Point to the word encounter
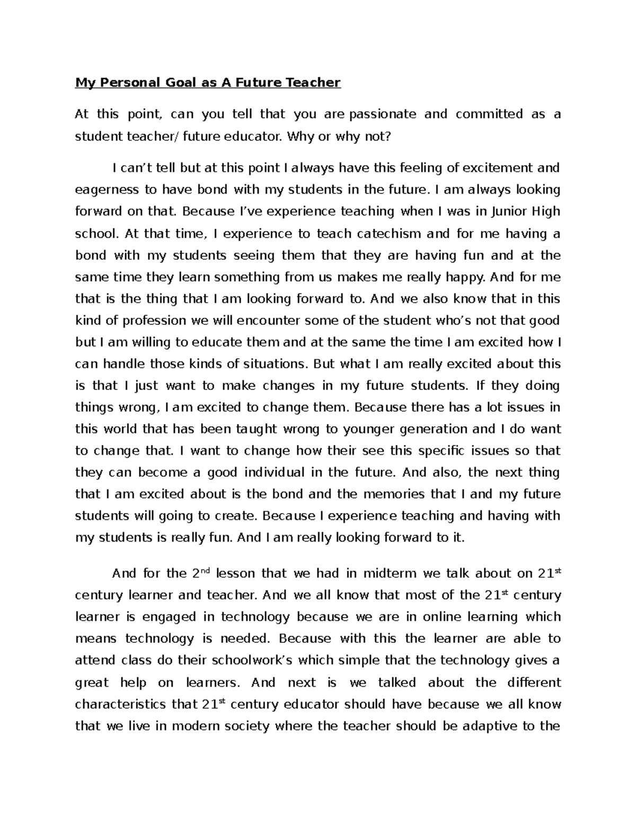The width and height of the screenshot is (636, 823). coord(276,321)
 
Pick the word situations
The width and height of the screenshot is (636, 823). coord(274,364)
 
